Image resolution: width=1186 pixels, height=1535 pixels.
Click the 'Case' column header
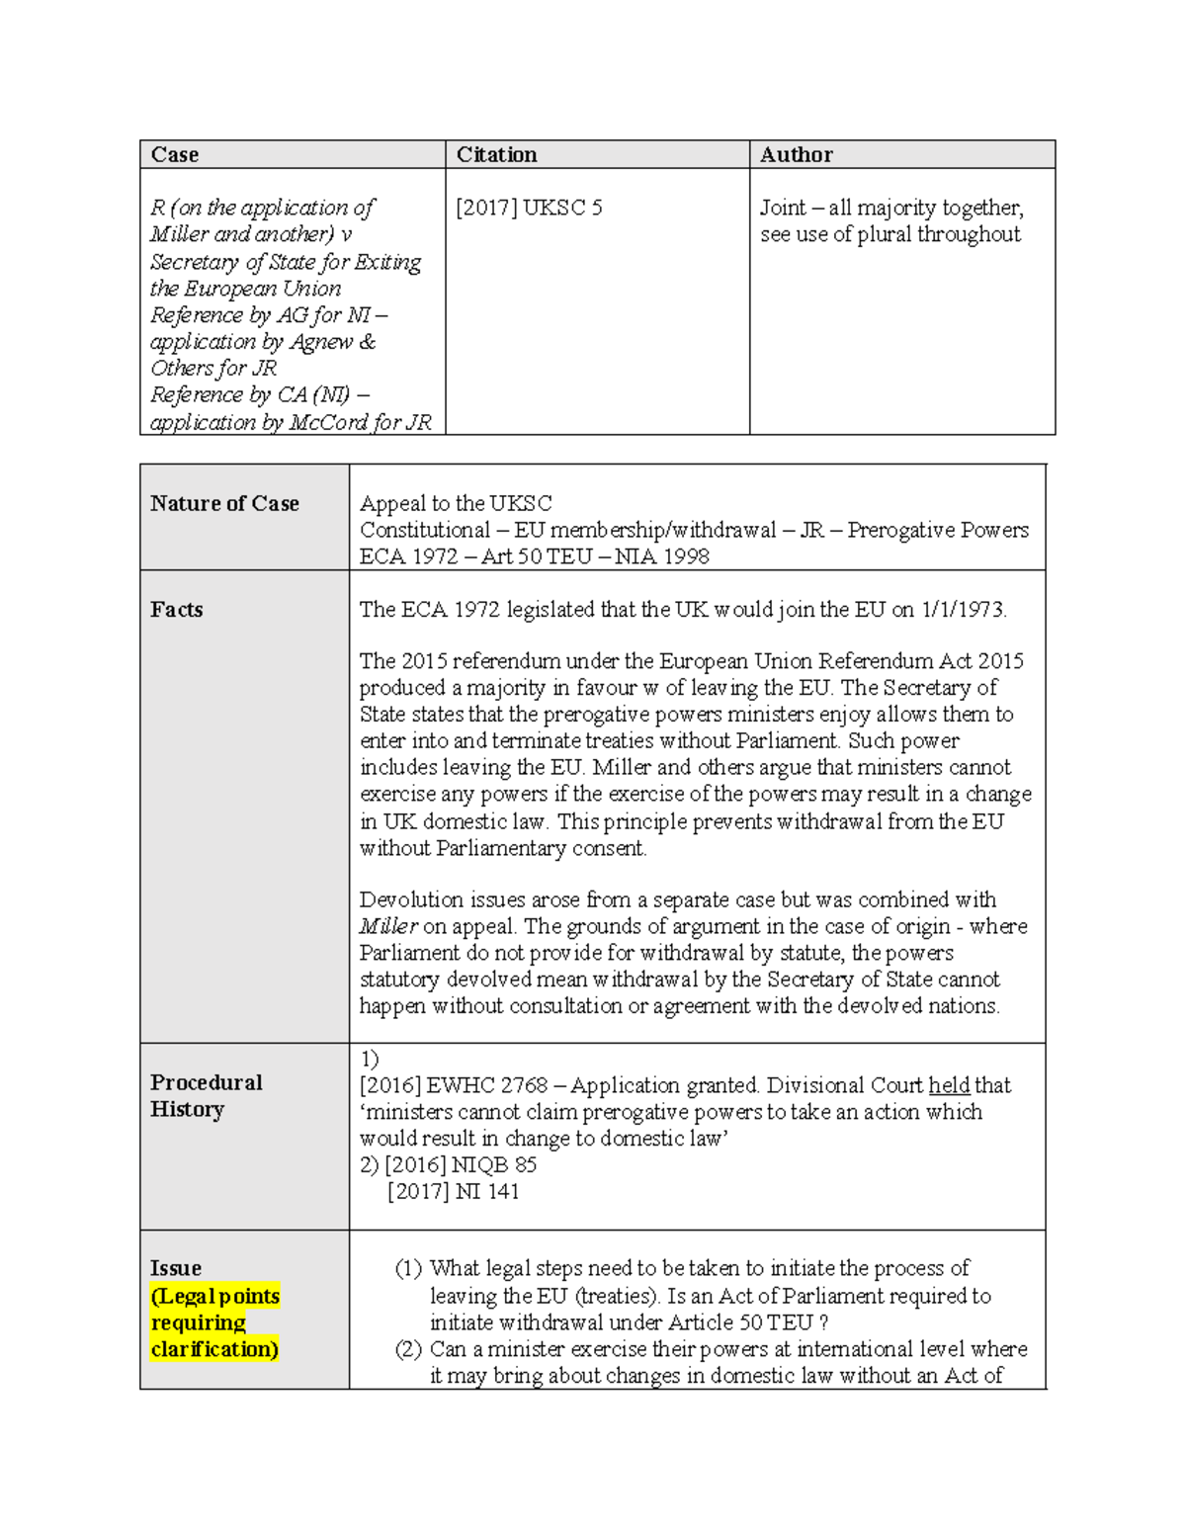click(175, 154)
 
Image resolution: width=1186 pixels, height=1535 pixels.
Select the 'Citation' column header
click(496, 154)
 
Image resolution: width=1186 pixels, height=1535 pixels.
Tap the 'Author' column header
click(796, 154)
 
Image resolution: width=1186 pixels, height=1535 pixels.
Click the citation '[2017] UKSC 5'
click(529, 208)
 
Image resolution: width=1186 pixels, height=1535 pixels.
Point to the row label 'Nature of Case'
click(224, 503)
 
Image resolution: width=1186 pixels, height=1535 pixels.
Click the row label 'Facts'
click(177, 609)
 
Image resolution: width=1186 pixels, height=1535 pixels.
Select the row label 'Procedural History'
click(206, 1095)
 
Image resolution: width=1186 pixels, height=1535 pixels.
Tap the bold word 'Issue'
click(176, 1268)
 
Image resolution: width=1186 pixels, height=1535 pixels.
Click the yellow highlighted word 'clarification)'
click(214, 1349)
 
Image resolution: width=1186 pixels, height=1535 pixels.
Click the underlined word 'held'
click(949, 1085)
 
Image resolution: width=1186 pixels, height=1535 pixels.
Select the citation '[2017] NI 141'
click(454, 1191)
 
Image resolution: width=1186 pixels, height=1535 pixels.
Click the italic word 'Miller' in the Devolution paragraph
click(387, 926)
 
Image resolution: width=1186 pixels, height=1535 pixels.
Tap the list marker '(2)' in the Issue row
click(408, 1349)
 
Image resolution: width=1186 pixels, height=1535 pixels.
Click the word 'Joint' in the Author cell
click(783, 208)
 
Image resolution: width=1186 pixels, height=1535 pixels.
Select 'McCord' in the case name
click(328, 422)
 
